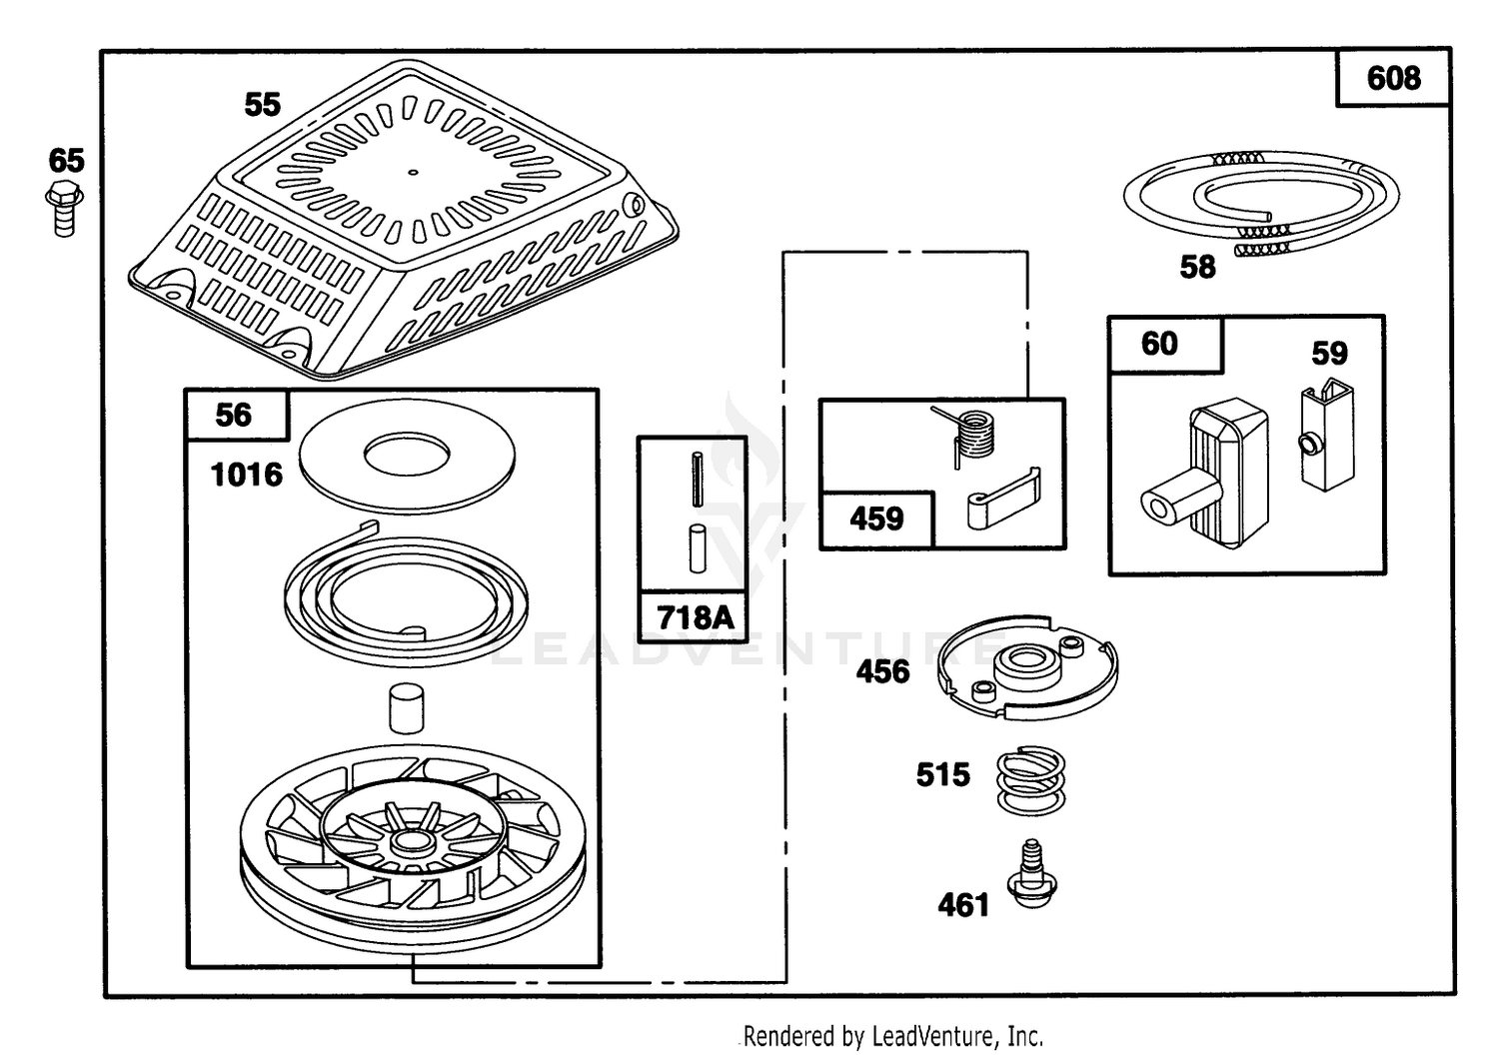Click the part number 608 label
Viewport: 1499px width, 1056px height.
(x=1393, y=78)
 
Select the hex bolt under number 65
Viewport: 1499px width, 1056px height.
(x=64, y=208)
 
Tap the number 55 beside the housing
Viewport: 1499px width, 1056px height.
(x=262, y=104)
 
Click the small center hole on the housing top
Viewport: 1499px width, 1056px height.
(x=413, y=172)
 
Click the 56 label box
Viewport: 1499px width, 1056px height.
(x=236, y=415)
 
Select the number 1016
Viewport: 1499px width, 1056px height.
(x=246, y=476)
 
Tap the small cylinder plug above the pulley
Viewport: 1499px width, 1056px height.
(x=406, y=707)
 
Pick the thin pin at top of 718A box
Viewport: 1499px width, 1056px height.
(x=698, y=480)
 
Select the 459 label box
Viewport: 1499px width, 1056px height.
(x=876, y=520)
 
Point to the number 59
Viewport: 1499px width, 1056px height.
(x=1329, y=354)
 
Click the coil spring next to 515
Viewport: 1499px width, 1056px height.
(x=1030, y=781)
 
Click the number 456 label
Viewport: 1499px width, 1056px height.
(x=882, y=671)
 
